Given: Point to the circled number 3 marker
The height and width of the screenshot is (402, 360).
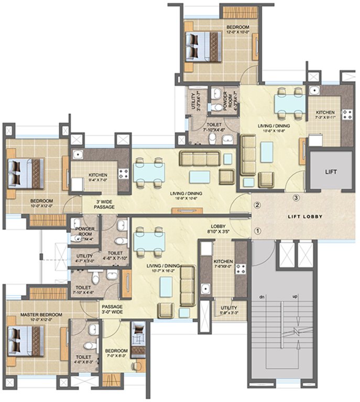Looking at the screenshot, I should click(x=296, y=198).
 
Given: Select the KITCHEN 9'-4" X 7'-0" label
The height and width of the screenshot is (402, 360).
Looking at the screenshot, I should click(x=98, y=177).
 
